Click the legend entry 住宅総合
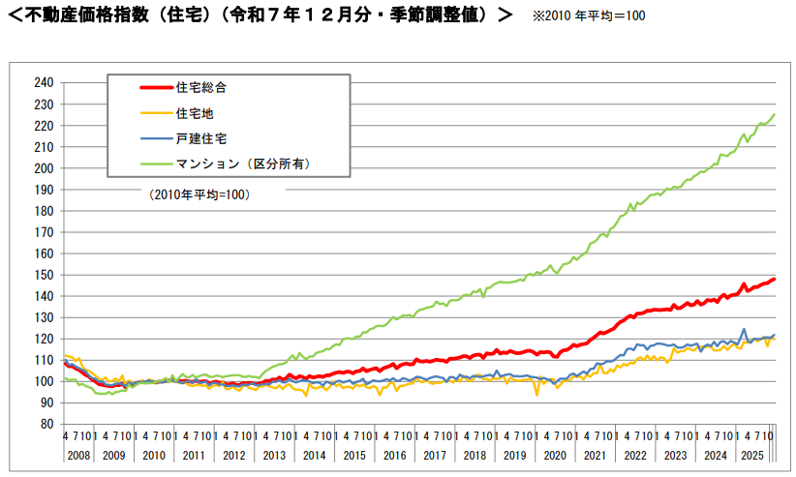coord(201,88)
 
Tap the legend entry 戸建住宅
coord(201,138)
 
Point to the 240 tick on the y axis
coord(43,82)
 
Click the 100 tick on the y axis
coord(43,380)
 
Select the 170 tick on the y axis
coord(43,231)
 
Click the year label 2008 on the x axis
coord(77,453)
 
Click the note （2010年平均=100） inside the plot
coord(199,194)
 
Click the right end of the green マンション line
coord(775,115)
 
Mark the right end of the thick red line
coord(775,280)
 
